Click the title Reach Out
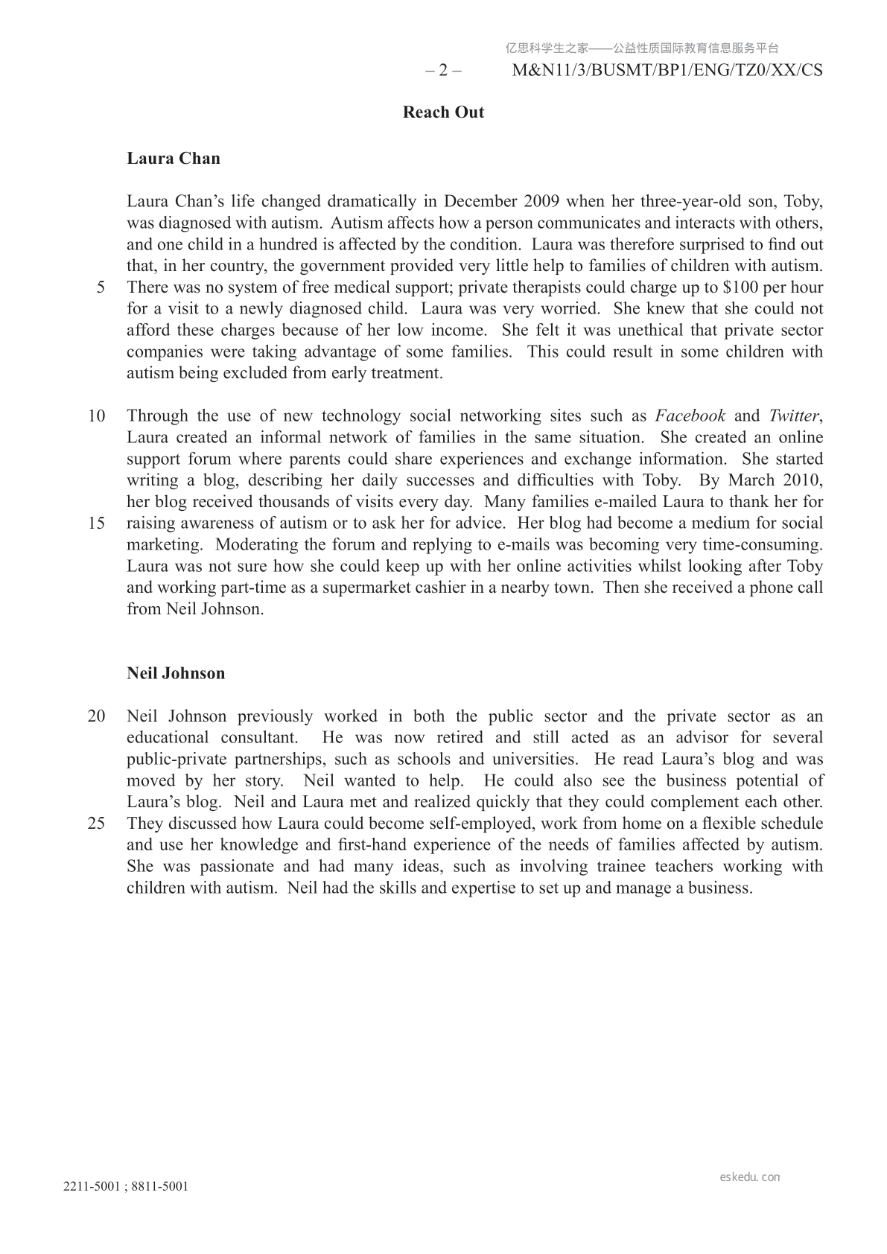[x=443, y=112]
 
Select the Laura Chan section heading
[x=174, y=158]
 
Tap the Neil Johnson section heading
[x=176, y=673]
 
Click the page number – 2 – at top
[x=443, y=71]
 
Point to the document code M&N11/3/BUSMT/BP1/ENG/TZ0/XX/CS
[x=667, y=71]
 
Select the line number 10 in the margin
[x=97, y=416]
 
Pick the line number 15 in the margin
[x=97, y=523]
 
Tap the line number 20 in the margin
[x=97, y=716]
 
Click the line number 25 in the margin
[x=97, y=824]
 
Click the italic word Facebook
[x=690, y=416]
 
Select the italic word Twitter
[x=793, y=416]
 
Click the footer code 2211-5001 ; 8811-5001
[x=126, y=1187]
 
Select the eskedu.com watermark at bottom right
[x=750, y=1177]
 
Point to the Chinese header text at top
[x=642, y=48]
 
